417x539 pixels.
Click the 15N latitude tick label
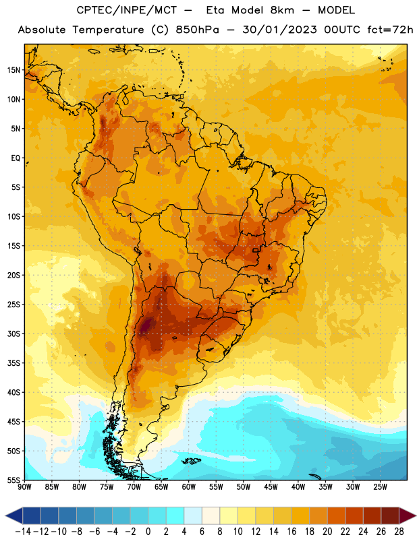[13, 70]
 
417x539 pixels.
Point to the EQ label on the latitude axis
[16, 158]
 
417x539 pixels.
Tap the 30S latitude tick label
[13, 334]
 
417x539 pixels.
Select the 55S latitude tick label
[13, 480]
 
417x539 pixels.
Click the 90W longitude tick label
[24, 487]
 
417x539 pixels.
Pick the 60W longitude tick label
[189, 487]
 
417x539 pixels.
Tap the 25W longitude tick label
[380, 487]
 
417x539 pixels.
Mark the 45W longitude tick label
[271, 487]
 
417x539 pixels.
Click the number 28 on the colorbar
[399, 532]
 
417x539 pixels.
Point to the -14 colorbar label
[23, 532]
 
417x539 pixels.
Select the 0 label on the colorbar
[148, 532]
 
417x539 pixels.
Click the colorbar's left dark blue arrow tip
[5, 516]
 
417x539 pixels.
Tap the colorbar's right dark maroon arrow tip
[416, 516]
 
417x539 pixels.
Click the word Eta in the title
[215, 10]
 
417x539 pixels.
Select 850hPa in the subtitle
[197, 30]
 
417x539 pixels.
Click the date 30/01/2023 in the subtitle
[279, 30]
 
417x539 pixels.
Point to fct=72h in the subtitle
[390, 30]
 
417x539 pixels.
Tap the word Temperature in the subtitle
[109, 30]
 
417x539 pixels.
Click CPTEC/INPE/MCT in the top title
[127, 10]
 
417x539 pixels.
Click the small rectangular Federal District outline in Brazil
[256, 250]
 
